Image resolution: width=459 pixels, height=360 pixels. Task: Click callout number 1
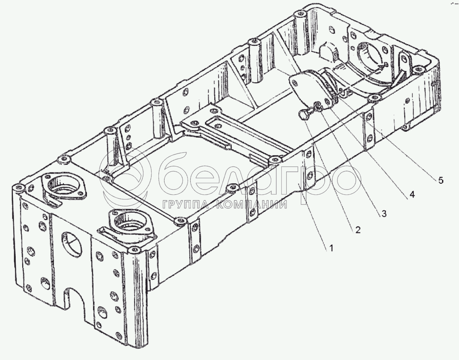tap(331, 248)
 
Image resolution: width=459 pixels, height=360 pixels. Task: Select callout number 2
tap(358, 230)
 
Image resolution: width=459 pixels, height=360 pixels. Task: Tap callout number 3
tap(384, 214)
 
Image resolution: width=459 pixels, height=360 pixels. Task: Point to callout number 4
tap(412, 195)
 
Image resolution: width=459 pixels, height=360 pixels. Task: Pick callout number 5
tap(441, 180)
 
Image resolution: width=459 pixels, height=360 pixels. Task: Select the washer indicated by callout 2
tap(317, 106)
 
